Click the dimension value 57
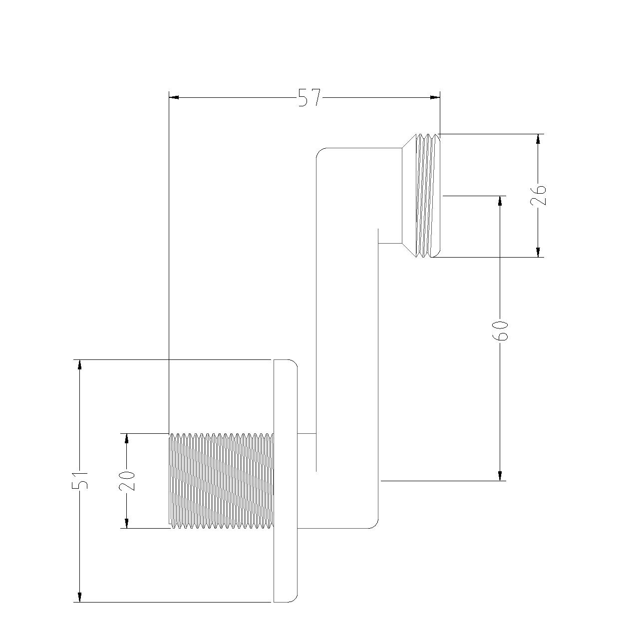(309, 97)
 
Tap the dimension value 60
(500, 330)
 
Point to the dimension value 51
(80, 480)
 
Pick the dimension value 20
(127, 481)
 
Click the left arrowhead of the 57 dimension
(174, 97)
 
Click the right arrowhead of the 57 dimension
(435, 97)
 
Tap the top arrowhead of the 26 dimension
(539, 139)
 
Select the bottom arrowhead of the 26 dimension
(539, 252)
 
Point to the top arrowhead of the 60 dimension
(500, 201)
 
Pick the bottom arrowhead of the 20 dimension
(127, 523)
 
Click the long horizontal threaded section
(221, 481)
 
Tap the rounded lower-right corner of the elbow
(375, 525)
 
